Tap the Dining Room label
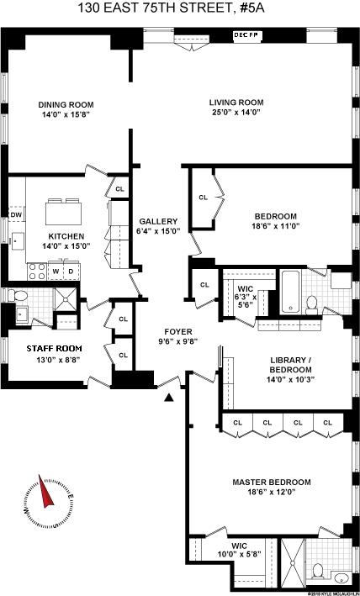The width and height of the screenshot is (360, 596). [66, 105]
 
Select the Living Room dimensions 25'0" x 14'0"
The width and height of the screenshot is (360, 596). [236, 112]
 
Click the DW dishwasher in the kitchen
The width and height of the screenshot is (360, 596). [16, 215]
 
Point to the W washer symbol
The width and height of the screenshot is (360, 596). [56, 271]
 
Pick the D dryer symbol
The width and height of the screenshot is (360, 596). [71, 271]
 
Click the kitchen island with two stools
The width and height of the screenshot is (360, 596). [63, 212]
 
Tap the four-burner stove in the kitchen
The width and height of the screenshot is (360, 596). [37, 272]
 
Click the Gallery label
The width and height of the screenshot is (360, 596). [158, 221]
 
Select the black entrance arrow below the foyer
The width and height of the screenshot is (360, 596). [169, 398]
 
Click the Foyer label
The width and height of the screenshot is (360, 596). [176, 332]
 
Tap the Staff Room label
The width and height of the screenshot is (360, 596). [55, 349]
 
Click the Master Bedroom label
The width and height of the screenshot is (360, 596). [272, 483]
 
